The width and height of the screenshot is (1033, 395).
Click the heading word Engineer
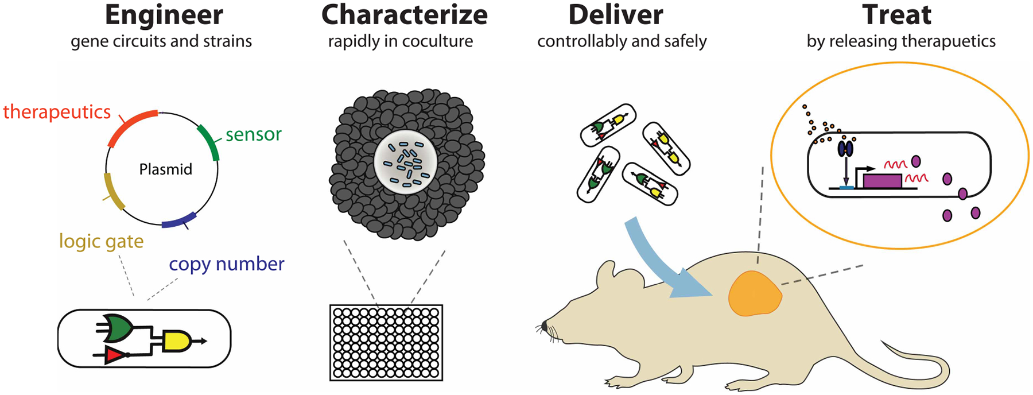point(164,15)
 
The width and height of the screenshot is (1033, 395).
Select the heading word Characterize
point(404,15)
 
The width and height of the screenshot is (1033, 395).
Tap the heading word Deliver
point(615,15)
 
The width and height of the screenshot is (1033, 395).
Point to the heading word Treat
point(896,15)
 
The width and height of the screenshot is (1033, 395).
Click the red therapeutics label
point(57,111)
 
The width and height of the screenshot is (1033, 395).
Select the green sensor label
point(253,134)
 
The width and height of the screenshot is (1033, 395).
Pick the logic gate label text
point(101,241)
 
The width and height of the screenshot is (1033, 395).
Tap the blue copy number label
point(226,264)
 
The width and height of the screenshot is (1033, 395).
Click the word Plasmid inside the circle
point(165,169)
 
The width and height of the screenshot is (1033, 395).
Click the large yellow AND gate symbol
point(177,340)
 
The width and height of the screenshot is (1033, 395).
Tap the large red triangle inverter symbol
point(114,356)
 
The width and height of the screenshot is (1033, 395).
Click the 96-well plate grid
point(386,343)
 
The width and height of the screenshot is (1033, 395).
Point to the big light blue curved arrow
point(660,258)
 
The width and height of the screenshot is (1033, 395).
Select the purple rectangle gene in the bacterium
point(882,181)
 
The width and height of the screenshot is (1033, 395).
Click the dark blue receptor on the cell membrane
point(845,149)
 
